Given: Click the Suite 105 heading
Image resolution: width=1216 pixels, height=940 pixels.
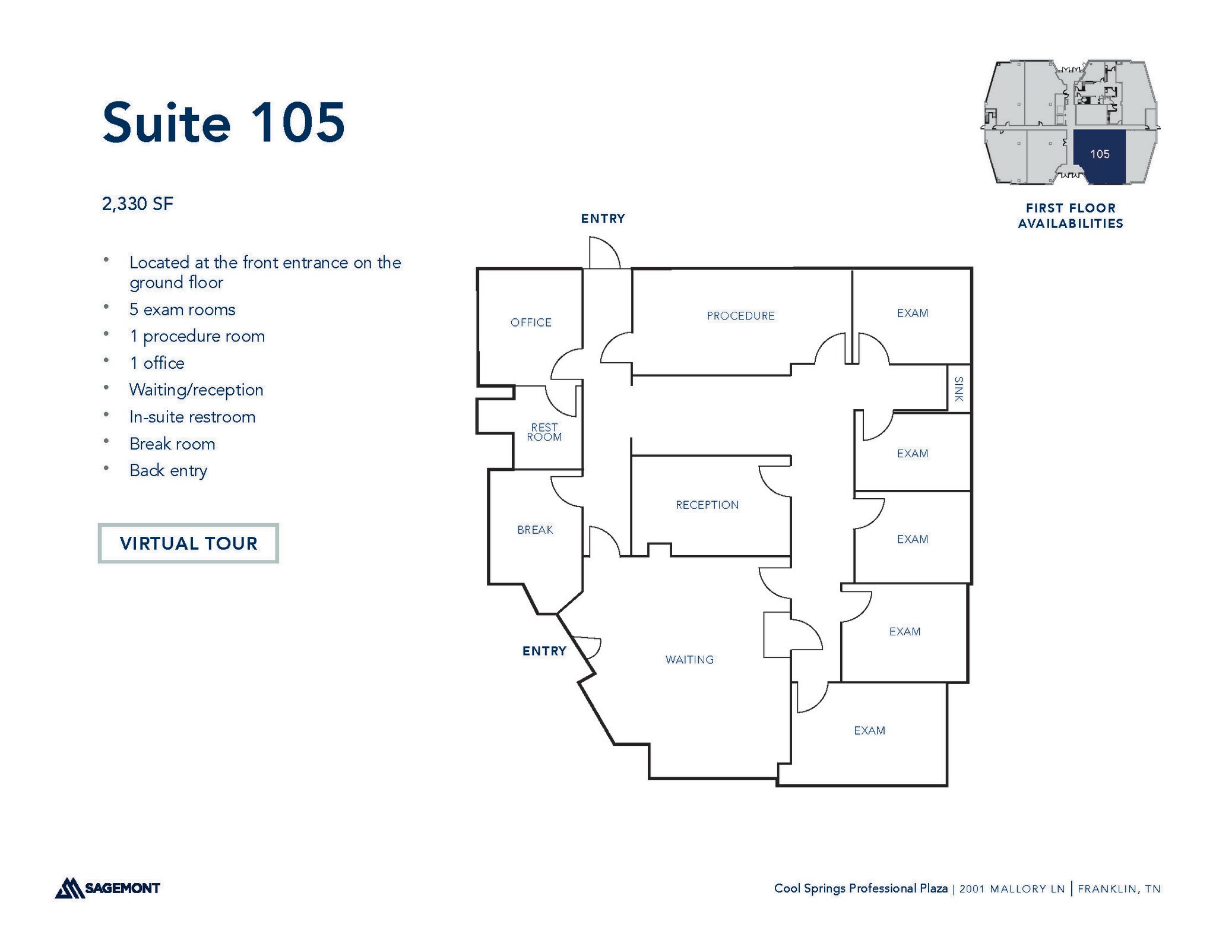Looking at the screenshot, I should click(223, 122).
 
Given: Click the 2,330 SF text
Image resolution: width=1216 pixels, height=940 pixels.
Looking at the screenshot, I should click(137, 204).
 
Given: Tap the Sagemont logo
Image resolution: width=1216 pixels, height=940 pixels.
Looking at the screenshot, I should click(107, 888).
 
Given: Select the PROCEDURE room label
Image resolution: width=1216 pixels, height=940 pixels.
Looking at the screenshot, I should click(740, 316).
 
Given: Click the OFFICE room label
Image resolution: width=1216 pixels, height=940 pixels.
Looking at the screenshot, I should click(531, 322).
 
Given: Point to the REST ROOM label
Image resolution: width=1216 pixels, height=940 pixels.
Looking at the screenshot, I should click(544, 432).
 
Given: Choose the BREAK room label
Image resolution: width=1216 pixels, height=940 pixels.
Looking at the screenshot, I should click(535, 530).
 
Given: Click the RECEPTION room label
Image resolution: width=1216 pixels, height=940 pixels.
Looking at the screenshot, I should click(707, 505).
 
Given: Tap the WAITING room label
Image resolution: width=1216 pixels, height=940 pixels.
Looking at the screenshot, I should click(689, 660).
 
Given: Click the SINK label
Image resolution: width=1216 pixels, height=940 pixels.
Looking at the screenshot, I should click(958, 389).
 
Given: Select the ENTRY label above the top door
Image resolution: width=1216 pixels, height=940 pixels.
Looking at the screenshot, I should click(603, 219).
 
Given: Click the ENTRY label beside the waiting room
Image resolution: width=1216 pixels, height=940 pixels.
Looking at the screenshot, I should click(544, 651).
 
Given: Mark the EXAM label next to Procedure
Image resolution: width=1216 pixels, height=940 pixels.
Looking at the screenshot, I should click(912, 313).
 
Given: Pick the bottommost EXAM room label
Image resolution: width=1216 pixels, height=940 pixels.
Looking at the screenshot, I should click(869, 730).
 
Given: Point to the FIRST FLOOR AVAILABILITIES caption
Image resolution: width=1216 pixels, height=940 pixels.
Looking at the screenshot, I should click(1071, 216).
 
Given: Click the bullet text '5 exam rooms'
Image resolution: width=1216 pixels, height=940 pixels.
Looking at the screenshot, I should click(182, 309).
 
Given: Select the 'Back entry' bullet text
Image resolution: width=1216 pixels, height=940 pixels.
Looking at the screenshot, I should click(168, 470).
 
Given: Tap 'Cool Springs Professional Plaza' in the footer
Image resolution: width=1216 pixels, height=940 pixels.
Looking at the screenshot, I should click(860, 888).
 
